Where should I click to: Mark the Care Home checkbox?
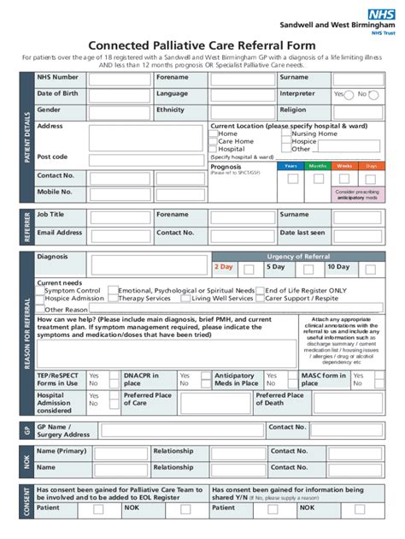[x=214, y=142]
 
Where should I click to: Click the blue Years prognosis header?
[x=291, y=166]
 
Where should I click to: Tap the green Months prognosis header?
[x=318, y=166]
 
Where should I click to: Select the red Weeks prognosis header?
[x=344, y=166]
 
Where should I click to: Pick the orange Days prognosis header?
[x=371, y=166]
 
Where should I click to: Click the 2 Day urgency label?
[x=224, y=267]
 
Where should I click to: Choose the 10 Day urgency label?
[x=338, y=267]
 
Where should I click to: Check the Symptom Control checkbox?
[x=40, y=291]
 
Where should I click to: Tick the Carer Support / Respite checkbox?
[x=261, y=299]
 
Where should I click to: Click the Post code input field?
[x=119, y=158]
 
